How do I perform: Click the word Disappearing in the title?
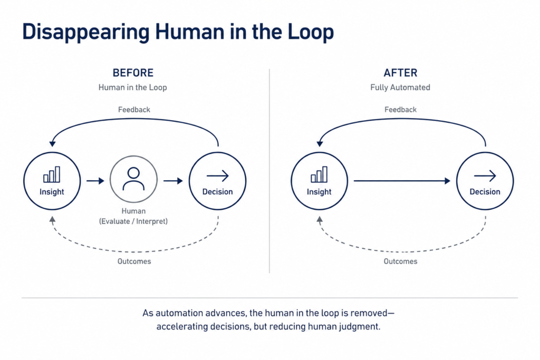(x=86, y=32)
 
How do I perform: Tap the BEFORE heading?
(x=133, y=73)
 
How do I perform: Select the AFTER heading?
(x=400, y=73)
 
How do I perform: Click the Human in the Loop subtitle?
(x=132, y=87)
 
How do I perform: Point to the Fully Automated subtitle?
(x=400, y=87)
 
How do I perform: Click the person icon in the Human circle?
(x=133, y=179)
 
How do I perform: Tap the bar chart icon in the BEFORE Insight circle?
(x=52, y=174)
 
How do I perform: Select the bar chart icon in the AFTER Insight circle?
(x=319, y=174)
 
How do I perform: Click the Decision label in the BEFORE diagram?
(x=217, y=192)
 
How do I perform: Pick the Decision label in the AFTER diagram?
(x=485, y=192)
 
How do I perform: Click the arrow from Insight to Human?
(x=95, y=181)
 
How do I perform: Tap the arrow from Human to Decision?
(x=173, y=181)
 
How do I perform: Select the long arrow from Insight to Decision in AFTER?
(x=402, y=181)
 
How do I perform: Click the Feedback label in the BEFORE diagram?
(x=134, y=110)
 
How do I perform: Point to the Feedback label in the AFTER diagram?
(x=401, y=110)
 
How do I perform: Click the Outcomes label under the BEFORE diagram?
(x=134, y=261)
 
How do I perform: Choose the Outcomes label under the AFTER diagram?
(x=401, y=261)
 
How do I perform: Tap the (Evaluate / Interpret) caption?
(x=133, y=221)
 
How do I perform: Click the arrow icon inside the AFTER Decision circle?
(x=485, y=176)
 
